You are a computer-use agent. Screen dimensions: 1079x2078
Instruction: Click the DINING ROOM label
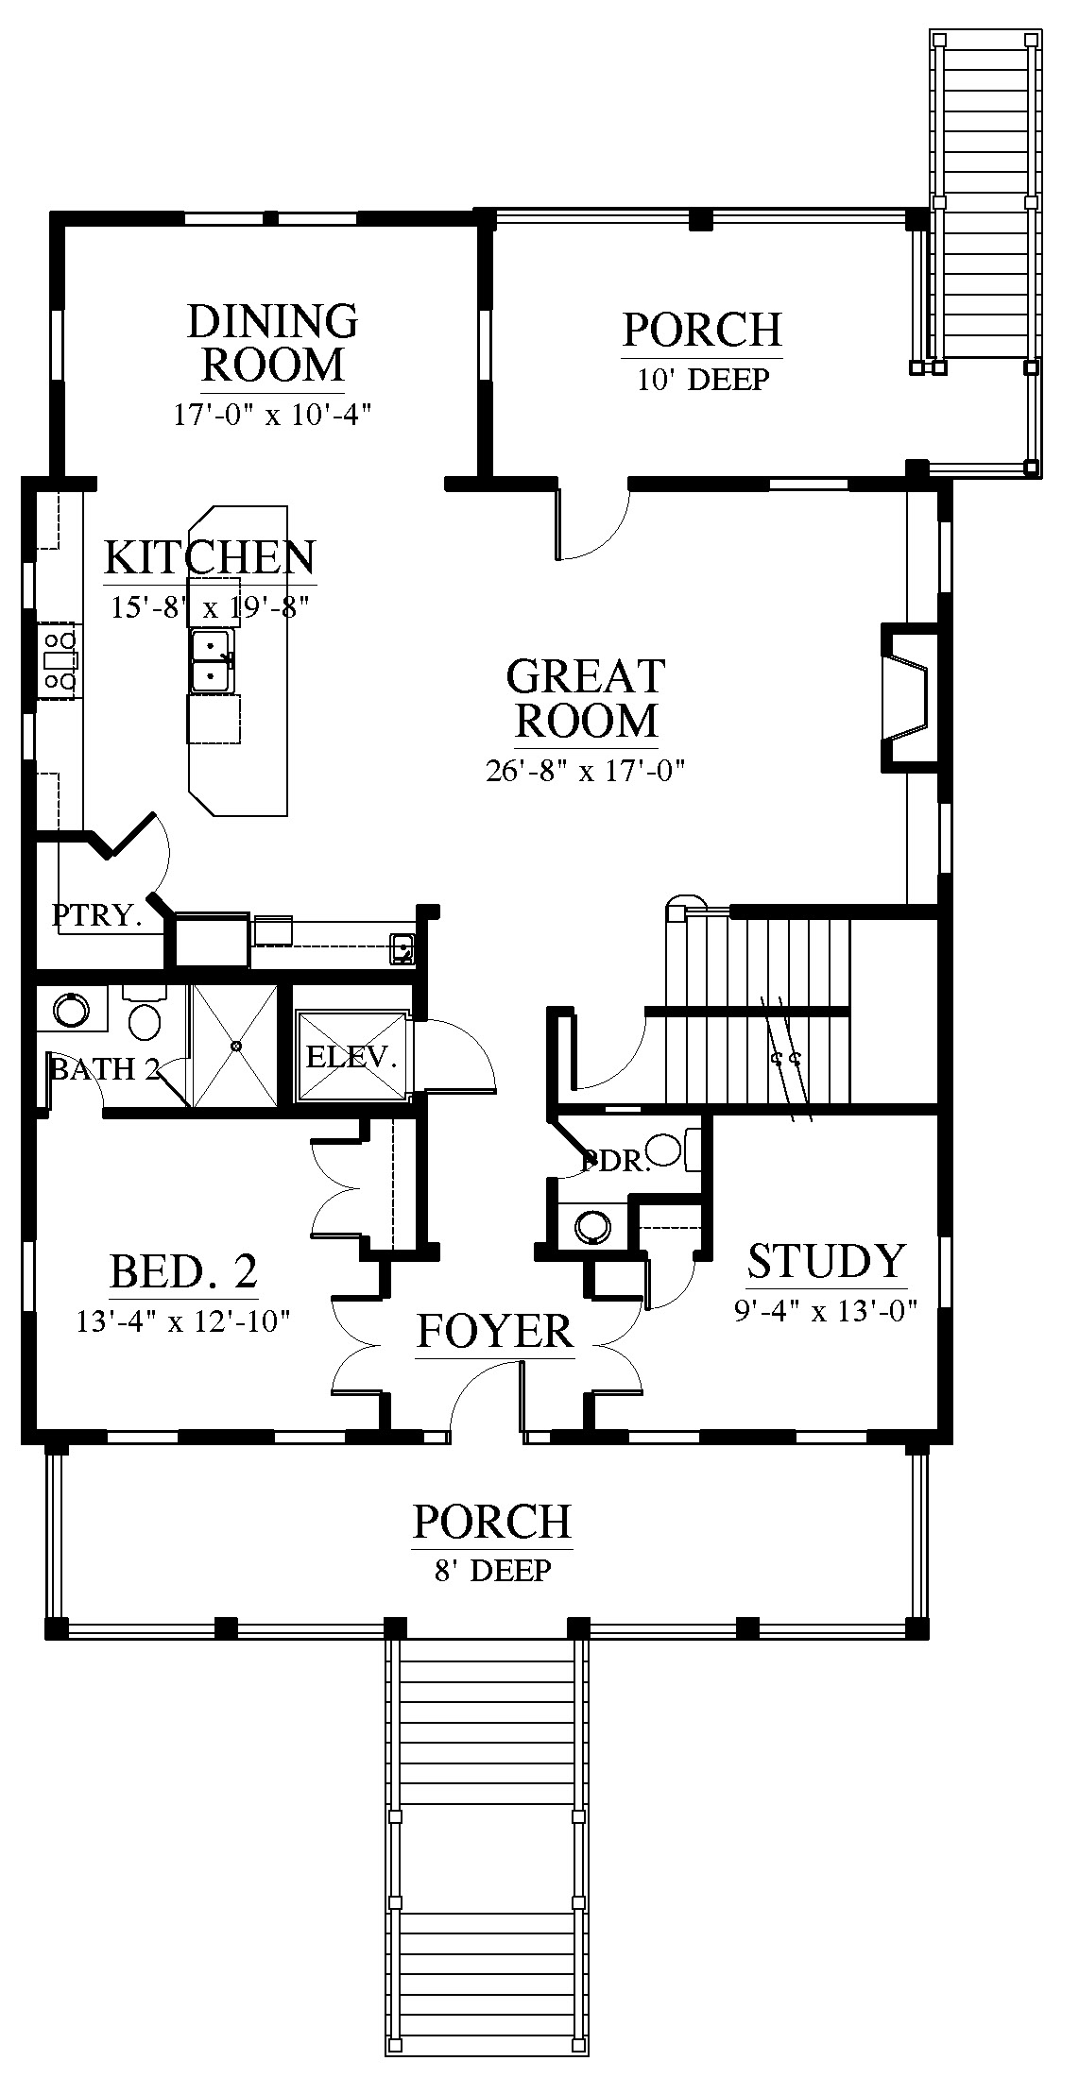(x=273, y=342)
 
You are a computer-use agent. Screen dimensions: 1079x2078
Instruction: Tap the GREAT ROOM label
(x=586, y=698)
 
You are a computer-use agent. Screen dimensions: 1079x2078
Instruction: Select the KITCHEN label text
(x=209, y=558)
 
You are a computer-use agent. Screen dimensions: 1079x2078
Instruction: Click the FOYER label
(x=495, y=1331)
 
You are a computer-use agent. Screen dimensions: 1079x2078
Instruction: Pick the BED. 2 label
(x=184, y=1271)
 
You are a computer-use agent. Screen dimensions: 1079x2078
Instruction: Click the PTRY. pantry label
(x=96, y=915)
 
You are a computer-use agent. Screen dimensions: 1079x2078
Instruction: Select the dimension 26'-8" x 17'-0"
(x=585, y=771)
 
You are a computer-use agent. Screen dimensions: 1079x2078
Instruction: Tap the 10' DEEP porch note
(x=702, y=380)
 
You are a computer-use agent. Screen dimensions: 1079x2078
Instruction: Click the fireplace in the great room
(x=904, y=695)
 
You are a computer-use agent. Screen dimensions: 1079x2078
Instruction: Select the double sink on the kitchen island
(x=213, y=661)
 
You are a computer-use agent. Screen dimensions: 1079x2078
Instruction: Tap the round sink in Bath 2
(x=70, y=1011)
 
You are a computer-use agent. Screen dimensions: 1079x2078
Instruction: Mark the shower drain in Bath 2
(x=236, y=1046)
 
